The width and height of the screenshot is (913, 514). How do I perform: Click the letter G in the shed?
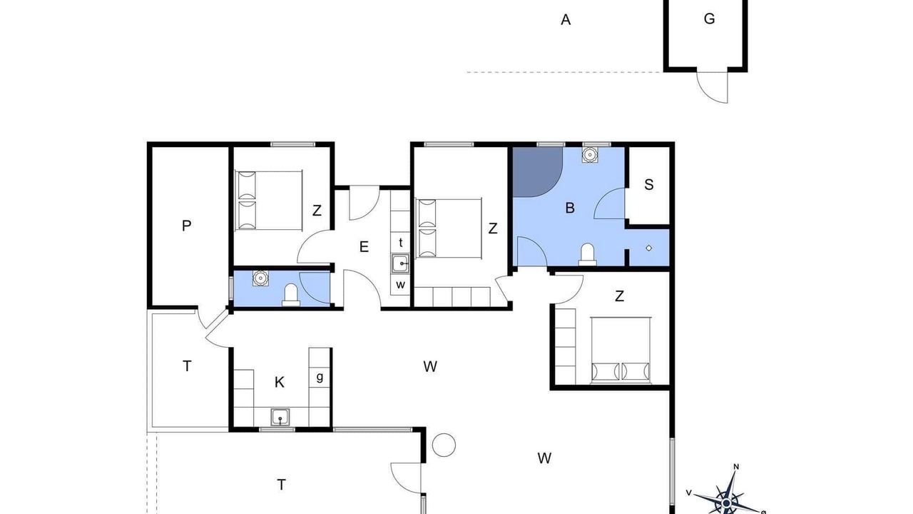tap(709, 19)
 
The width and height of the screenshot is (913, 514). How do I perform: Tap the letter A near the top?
tap(566, 20)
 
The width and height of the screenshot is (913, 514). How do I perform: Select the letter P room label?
tap(186, 226)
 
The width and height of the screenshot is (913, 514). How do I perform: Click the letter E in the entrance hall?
tap(364, 247)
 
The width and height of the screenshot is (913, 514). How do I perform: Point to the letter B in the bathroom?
tap(570, 208)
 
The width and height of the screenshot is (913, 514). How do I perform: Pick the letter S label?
tap(649, 185)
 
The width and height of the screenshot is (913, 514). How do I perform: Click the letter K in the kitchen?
tap(279, 383)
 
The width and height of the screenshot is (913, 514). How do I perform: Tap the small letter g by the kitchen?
tap(320, 377)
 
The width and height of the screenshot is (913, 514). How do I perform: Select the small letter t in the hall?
tap(401, 243)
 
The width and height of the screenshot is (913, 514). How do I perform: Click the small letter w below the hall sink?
tap(401, 284)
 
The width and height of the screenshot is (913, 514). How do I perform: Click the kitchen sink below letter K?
tap(280, 418)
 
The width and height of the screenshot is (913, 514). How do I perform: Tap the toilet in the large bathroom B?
tap(587, 255)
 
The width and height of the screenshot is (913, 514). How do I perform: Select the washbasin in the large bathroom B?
tap(589, 155)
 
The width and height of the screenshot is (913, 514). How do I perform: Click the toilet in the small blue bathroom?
tap(291, 295)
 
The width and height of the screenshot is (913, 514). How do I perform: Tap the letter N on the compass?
tap(736, 467)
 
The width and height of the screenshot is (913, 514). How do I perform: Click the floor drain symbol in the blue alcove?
tap(649, 248)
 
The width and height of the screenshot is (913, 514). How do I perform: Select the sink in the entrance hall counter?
tap(400, 263)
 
